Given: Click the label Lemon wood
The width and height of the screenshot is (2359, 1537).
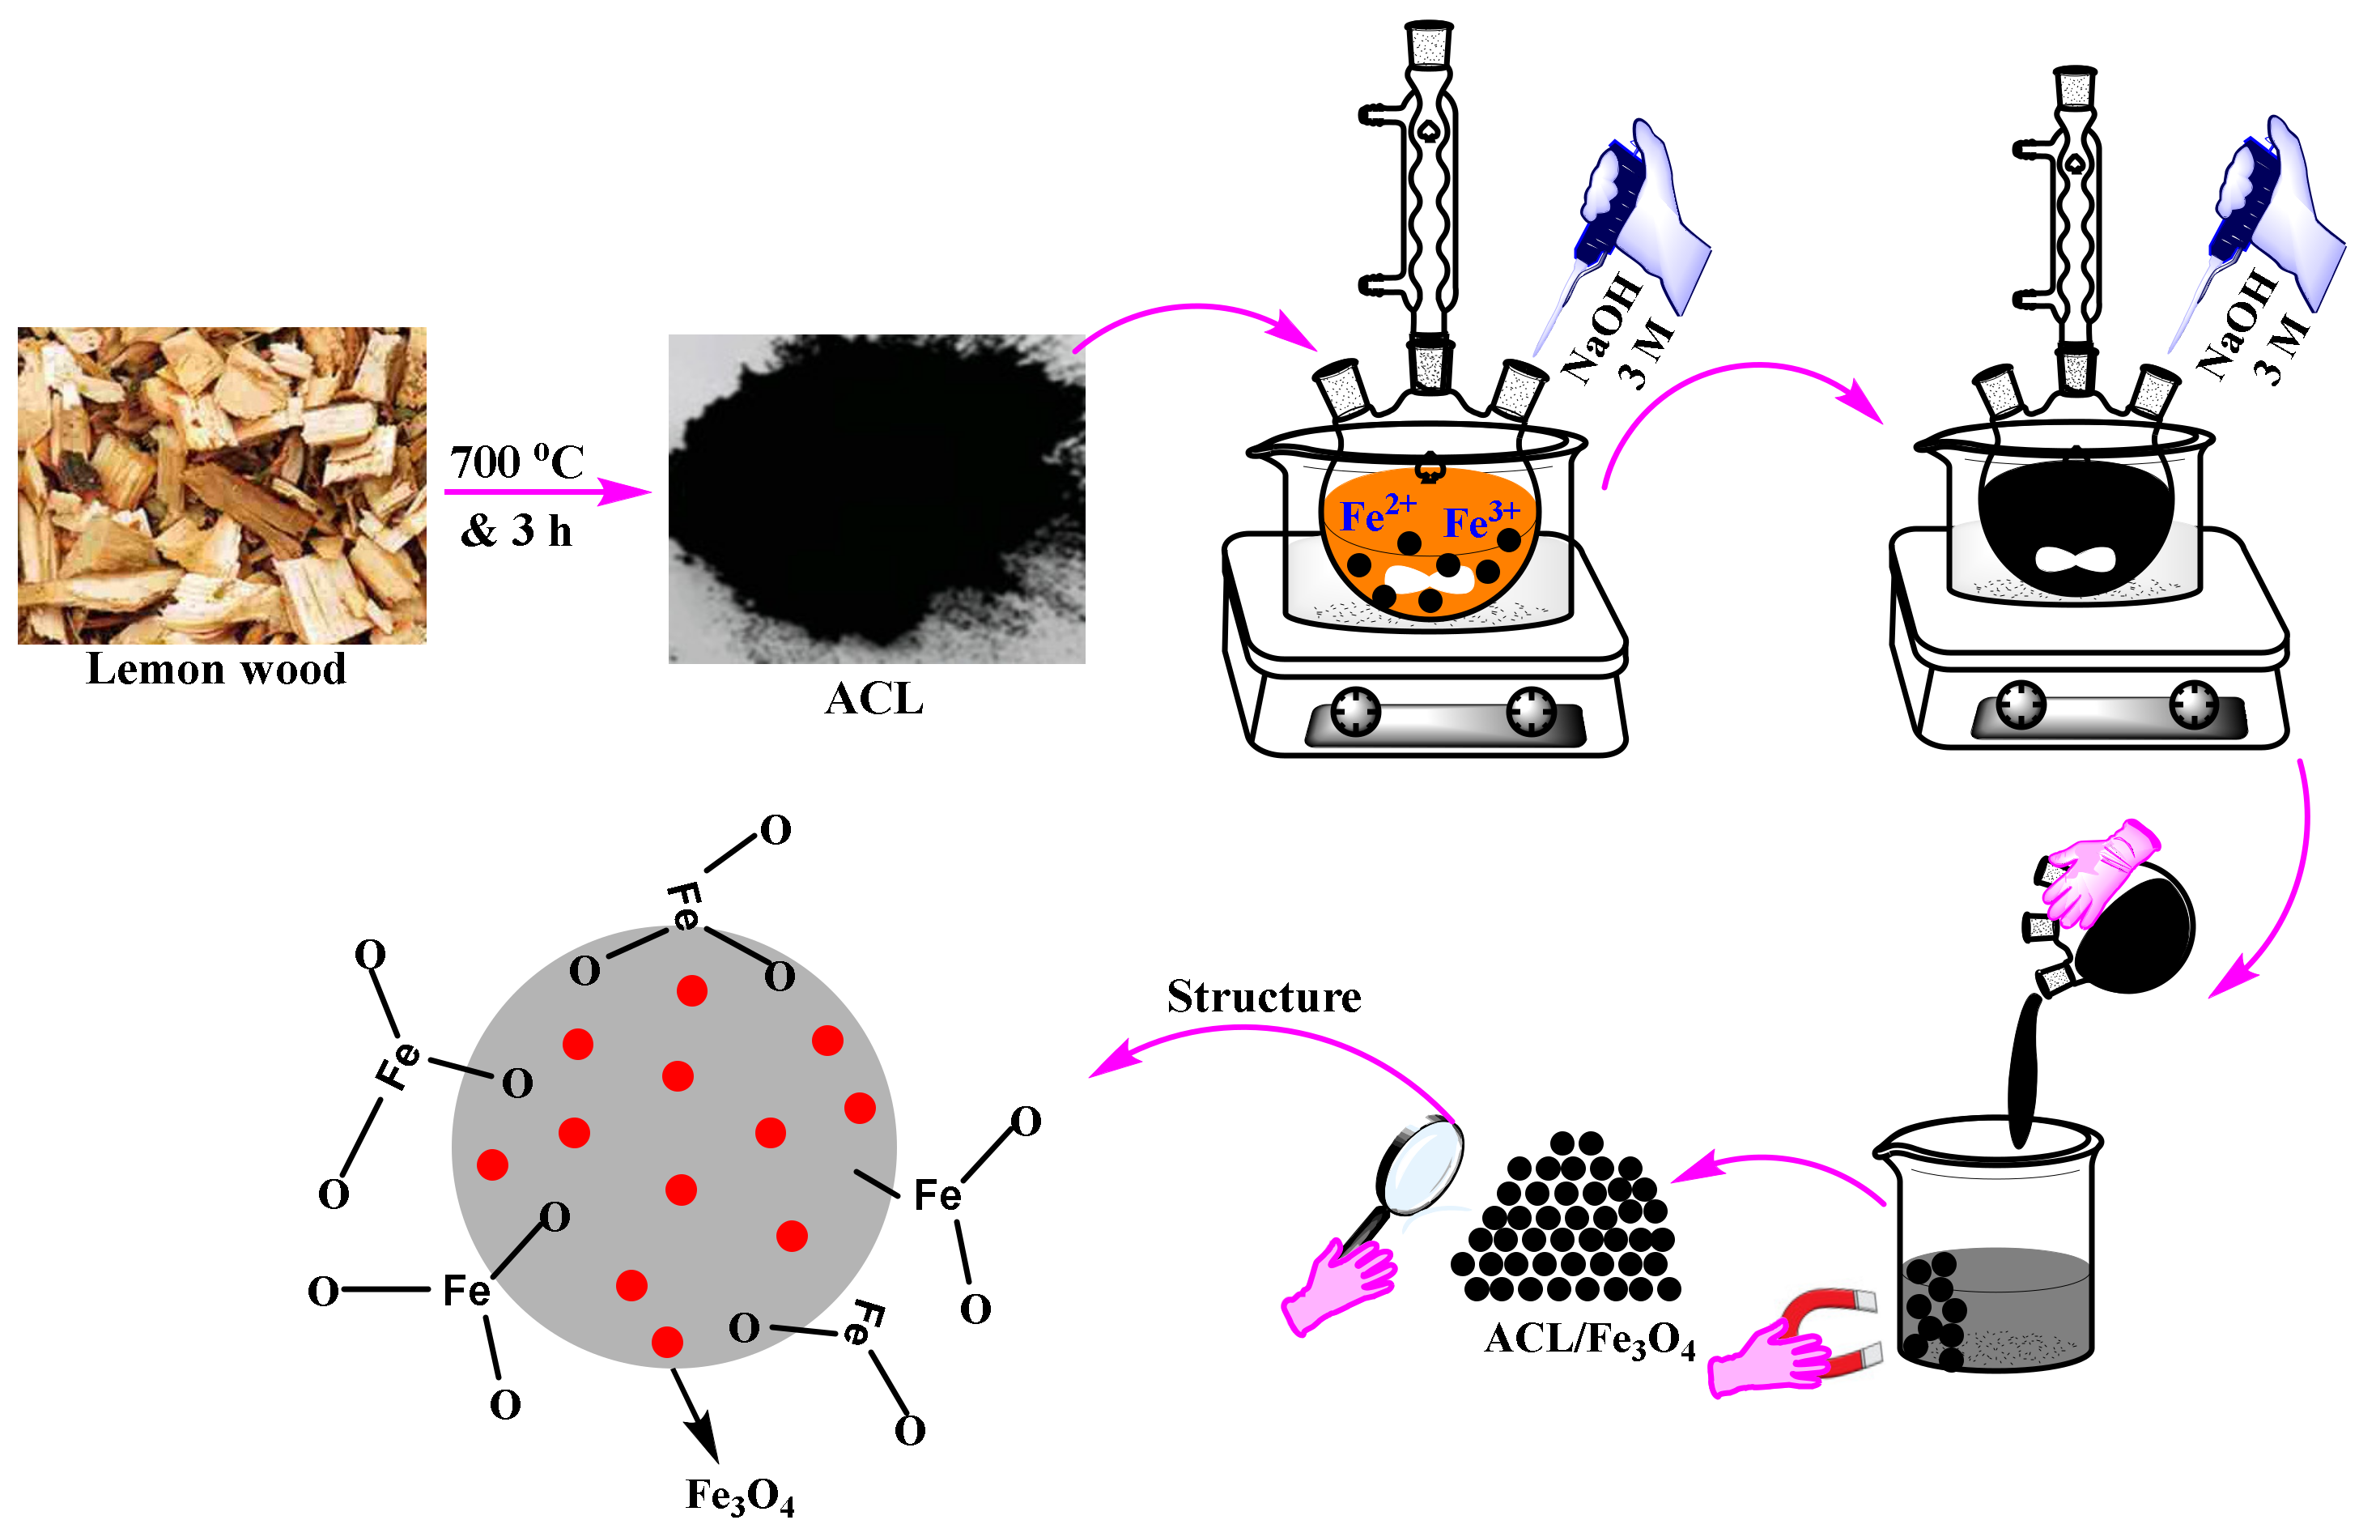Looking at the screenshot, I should click(x=216, y=670).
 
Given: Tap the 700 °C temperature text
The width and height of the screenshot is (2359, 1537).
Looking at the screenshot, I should click(x=516, y=462).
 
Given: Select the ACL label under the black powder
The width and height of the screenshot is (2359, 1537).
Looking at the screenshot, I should click(x=874, y=699).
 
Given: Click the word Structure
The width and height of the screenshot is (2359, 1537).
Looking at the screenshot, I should click(x=1264, y=998).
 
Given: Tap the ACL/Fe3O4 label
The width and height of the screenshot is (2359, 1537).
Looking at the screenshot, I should click(x=1589, y=1341).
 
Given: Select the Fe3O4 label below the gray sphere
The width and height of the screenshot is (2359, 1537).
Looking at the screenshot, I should click(x=739, y=1497).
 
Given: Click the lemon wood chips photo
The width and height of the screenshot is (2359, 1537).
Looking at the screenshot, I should click(x=222, y=485).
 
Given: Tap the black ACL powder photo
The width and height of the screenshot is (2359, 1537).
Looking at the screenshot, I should click(x=876, y=499).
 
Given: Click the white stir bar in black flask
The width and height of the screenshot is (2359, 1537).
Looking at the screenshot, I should click(x=2075, y=558).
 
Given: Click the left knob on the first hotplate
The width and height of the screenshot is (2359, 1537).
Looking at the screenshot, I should click(x=1355, y=711).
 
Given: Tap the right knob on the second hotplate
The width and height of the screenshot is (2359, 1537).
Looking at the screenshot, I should click(x=2194, y=704).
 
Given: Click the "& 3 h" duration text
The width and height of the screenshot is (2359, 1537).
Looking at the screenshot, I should click(x=516, y=531).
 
